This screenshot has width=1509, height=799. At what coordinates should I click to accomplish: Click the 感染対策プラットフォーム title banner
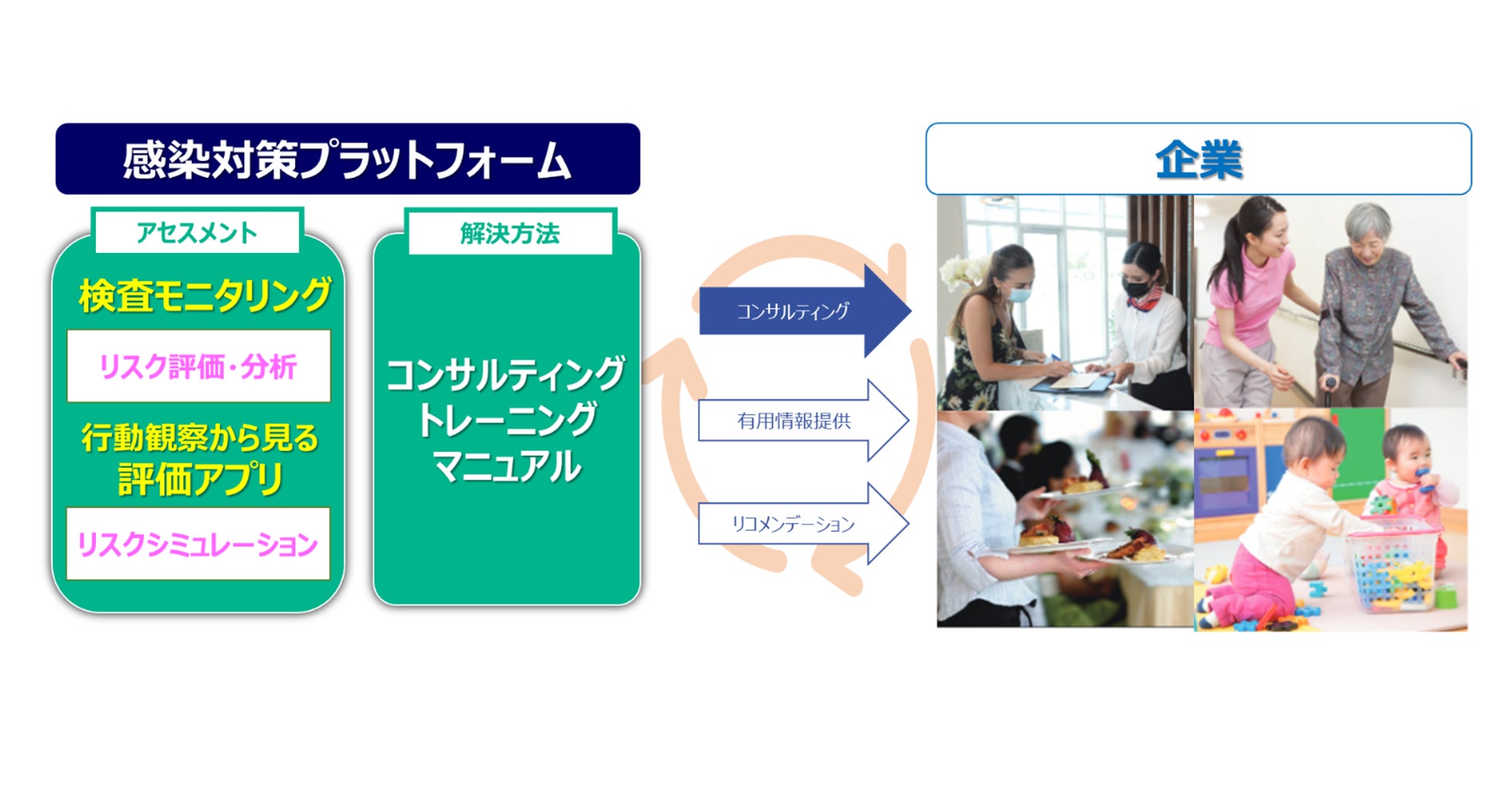click(347, 159)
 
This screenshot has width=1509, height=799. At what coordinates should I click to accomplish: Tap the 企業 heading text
click(1198, 160)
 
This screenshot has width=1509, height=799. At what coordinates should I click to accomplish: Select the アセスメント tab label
click(197, 232)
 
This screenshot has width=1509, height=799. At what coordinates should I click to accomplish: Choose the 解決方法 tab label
click(509, 233)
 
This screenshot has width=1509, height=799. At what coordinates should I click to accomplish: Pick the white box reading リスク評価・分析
click(199, 367)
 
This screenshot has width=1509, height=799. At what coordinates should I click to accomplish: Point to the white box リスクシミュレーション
click(198, 544)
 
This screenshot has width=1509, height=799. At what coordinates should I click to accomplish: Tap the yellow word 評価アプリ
click(200, 479)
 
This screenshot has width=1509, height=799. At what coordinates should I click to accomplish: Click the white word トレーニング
click(507, 420)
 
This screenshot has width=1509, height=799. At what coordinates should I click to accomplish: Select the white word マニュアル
click(507, 466)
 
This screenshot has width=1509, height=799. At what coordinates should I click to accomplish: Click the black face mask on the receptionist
click(1136, 289)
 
